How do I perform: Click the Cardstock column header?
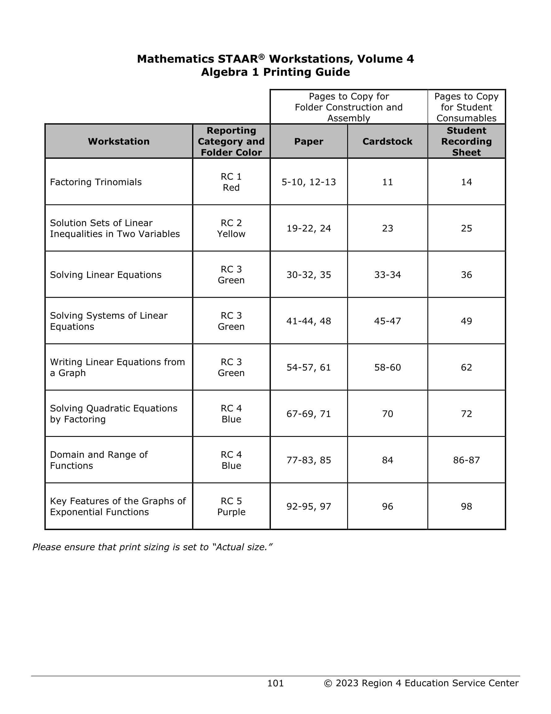[x=387, y=141]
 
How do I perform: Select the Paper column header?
[x=308, y=141]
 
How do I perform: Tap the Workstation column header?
[x=119, y=141]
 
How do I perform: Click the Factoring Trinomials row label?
[x=96, y=182]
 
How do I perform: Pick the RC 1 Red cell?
[x=231, y=182]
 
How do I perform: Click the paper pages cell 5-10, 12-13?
[x=308, y=182]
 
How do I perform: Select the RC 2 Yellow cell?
[x=231, y=228]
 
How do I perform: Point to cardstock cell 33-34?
[x=387, y=275]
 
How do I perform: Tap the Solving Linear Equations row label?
[x=106, y=275]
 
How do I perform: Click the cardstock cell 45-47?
[x=387, y=321]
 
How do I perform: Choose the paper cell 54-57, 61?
[x=308, y=367]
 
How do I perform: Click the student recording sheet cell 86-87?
[x=466, y=460]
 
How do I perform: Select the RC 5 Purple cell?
[x=231, y=507]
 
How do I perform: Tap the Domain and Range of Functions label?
[x=99, y=460]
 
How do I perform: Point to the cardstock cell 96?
[x=387, y=507]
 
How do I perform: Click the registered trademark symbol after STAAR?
[x=261, y=57]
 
